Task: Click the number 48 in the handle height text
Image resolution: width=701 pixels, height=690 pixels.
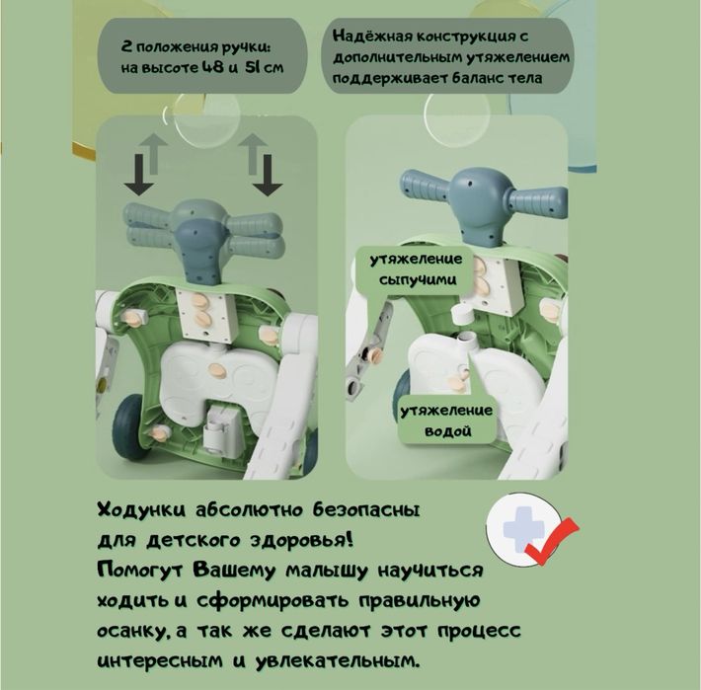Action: [212, 67]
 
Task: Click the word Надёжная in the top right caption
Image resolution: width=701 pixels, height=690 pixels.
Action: [372, 37]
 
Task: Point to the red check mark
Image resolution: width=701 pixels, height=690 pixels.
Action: [552, 540]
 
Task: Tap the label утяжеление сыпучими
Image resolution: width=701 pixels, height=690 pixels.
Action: [416, 269]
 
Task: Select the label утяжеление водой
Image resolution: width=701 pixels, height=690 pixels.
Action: [446, 421]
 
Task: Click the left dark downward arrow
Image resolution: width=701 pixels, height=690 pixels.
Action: [139, 175]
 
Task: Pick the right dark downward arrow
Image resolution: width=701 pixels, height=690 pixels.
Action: [268, 175]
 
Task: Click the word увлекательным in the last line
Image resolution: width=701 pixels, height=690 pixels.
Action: [338, 661]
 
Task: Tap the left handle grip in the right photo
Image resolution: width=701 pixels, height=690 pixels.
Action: [424, 186]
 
